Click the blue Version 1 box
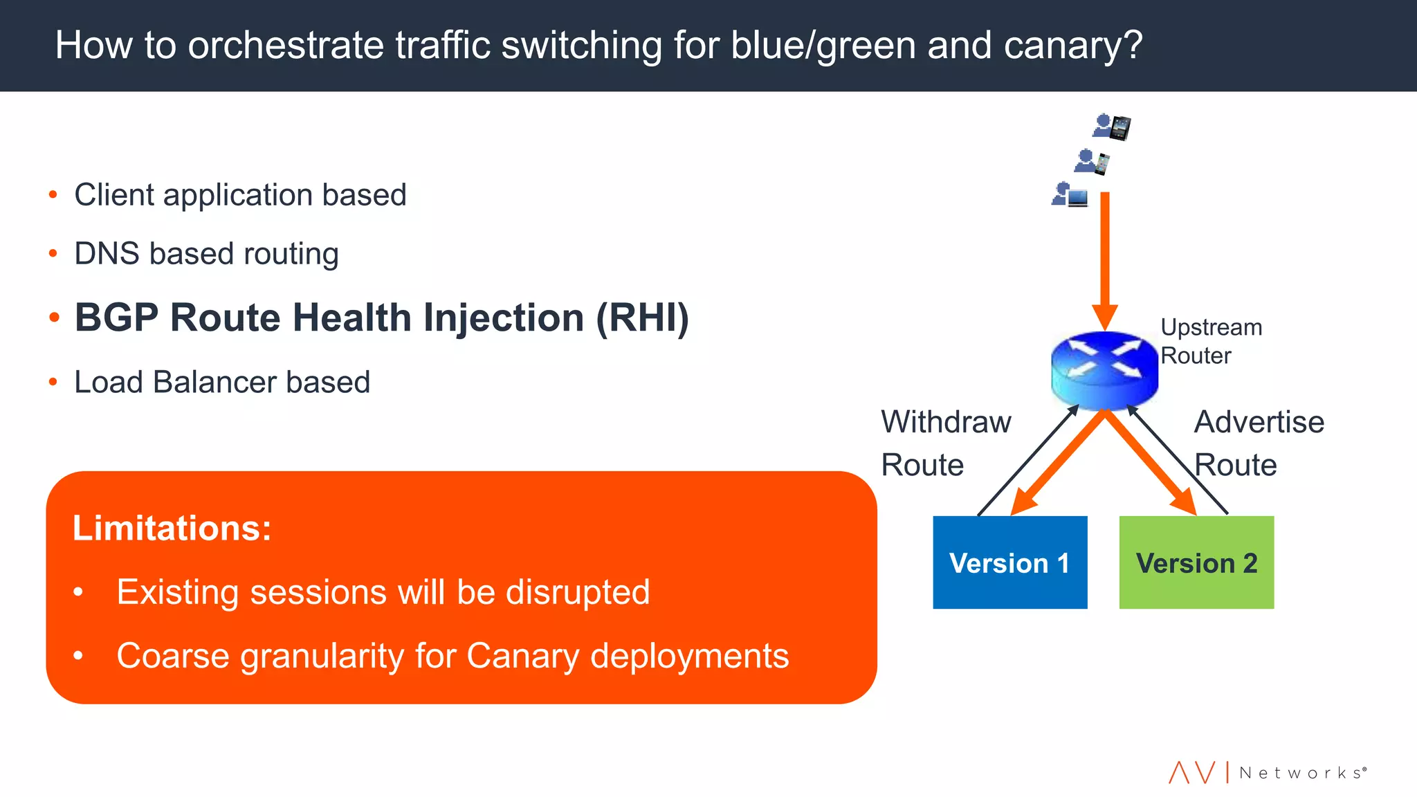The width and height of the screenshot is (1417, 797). [1009, 562]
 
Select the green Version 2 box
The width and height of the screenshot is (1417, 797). [1196, 562]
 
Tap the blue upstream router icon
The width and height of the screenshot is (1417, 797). [1104, 369]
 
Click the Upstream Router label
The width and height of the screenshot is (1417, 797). [1211, 341]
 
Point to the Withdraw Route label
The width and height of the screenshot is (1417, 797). [945, 443]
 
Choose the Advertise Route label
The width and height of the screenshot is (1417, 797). [1259, 443]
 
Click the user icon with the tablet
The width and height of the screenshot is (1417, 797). [1112, 127]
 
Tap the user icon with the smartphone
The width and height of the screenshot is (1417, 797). [1092, 162]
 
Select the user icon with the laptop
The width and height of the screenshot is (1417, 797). [1070, 195]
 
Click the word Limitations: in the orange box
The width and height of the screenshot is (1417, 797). [172, 528]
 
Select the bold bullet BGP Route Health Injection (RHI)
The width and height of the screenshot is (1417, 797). [381, 318]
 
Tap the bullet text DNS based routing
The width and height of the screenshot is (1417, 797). [206, 253]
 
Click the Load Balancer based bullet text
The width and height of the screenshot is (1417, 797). [222, 382]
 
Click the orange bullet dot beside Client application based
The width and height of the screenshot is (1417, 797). [53, 195]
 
